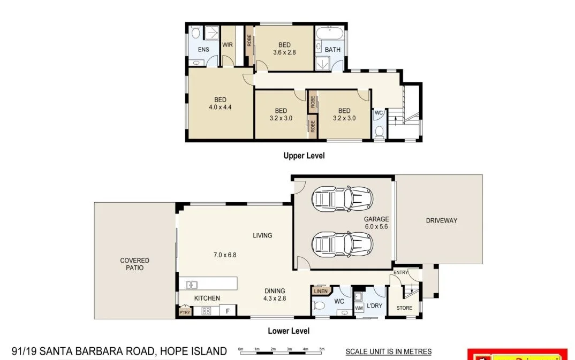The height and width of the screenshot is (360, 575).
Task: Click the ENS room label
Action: tap(203, 50)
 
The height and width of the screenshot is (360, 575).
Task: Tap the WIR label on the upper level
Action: tap(228, 45)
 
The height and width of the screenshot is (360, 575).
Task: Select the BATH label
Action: tap(332, 50)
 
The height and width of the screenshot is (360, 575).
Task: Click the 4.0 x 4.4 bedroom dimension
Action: tap(220, 107)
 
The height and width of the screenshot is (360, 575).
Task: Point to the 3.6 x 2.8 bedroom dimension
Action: tap(284, 52)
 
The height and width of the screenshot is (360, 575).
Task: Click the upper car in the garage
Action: tap(342, 198)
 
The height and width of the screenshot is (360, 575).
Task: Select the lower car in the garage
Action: tap(342, 244)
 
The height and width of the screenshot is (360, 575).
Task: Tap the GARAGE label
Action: tap(376, 219)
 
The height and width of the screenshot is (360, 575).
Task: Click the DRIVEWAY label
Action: tap(442, 220)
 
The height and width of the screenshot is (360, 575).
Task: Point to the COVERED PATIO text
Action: tap(134, 264)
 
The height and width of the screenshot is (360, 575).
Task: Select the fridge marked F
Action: tap(228, 311)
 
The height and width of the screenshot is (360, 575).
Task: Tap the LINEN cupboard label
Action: tap(321, 292)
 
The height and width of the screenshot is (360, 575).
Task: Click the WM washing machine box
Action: tap(359, 308)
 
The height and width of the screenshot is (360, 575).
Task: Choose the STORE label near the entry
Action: tap(404, 308)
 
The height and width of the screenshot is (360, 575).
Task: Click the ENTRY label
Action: tap(400, 273)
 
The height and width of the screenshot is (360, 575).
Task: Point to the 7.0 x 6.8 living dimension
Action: tap(225, 255)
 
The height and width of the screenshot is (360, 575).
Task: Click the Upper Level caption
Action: tap(304, 156)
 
